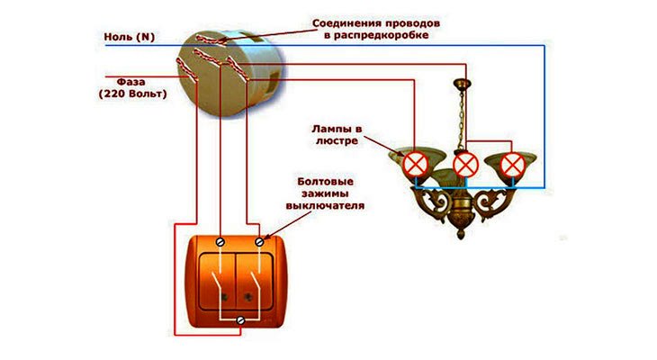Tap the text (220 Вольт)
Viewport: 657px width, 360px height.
tap(132, 93)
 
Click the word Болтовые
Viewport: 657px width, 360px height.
tap(325, 181)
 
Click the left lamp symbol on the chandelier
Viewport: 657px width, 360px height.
tap(415, 164)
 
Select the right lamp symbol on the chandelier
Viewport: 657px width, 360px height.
tap(513, 164)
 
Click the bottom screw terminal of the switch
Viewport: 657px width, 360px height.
tap(239, 321)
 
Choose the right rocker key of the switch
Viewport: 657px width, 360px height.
tap(261, 281)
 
